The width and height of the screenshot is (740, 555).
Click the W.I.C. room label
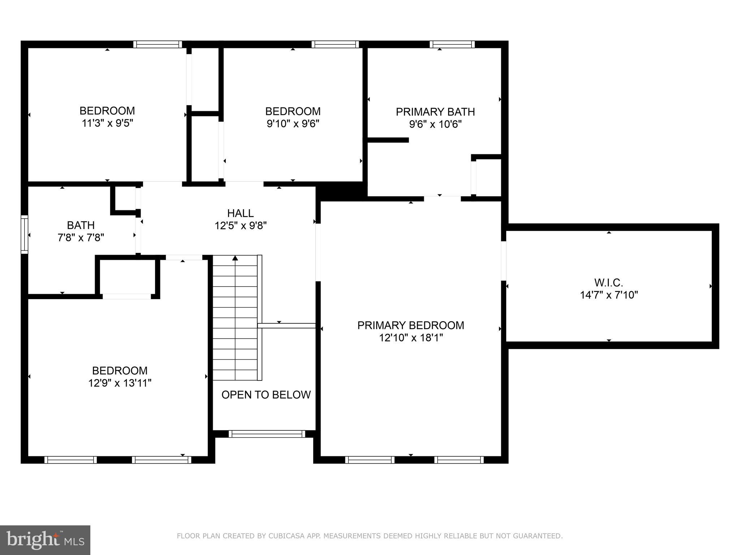[608, 283]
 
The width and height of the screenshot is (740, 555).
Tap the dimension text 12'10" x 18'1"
[411, 338]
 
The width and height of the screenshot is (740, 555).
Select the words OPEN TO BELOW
[266, 395]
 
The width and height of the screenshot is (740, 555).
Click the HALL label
[240, 213]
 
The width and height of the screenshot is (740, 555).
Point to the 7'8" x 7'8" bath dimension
[81, 238]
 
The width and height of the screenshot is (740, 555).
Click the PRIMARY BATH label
[435, 112]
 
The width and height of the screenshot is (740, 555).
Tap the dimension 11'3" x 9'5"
[107, 123]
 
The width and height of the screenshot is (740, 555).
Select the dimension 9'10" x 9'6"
[293, 124]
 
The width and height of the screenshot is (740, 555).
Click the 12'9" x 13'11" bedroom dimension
[120, 383]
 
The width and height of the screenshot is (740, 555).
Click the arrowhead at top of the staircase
[235, 258]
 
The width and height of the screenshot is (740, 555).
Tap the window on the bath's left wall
[24, 234]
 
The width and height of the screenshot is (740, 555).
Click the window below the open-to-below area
[267, 434]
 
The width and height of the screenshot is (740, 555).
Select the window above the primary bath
[452, 44]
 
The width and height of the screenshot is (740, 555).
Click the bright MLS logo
[45, 540]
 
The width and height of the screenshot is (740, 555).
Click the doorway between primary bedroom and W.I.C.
[503, 261]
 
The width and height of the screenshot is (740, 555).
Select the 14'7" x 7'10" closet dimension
[608, 295]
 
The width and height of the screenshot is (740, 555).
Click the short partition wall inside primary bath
[388, 140]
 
